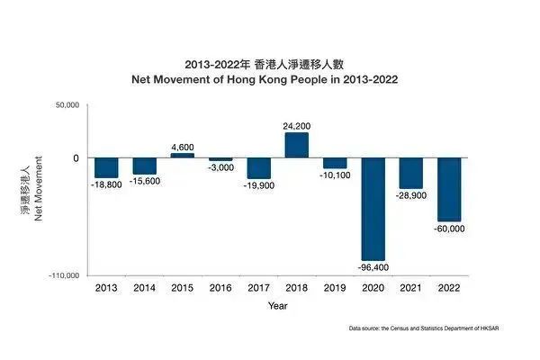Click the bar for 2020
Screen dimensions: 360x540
pyautogui.click(x=373, y=209)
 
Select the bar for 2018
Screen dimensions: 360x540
pyautogui.click(x=297, y=145)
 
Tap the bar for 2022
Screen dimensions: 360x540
pyautogui.click(x=449, y=189)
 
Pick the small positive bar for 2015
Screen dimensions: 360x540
pyautogui.click(x=183, y=155)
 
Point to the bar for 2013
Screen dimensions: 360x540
pyautogui.click(x=106, y=167)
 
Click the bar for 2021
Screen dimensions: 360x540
pyautogui.click(x=411, y=173)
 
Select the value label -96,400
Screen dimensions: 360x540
pyautogui.click(x=373, y=267)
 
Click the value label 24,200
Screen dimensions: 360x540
pyautogui.click(x=297, y=125)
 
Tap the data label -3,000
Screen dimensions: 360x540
pyautogui.click(x=220, y=167)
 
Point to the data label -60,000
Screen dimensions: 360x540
pyautogui.click(x=450, y=229)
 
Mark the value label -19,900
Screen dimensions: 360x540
pyautogui.click(x=259, y=185)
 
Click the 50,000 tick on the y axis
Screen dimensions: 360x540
pyautogui.click(x=67, y=106)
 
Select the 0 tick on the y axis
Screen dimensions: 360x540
pyautogui.click(x=76, y=158)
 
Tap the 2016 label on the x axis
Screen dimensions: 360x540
pyautogui.click(x=220, y=288)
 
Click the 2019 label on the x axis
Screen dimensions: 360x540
pyautogui.click(x=335, y=288)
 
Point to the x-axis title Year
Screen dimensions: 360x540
pyautogui.click(x=277, y=306)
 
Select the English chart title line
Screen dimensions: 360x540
pyautogui.click(x=277, y=79)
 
